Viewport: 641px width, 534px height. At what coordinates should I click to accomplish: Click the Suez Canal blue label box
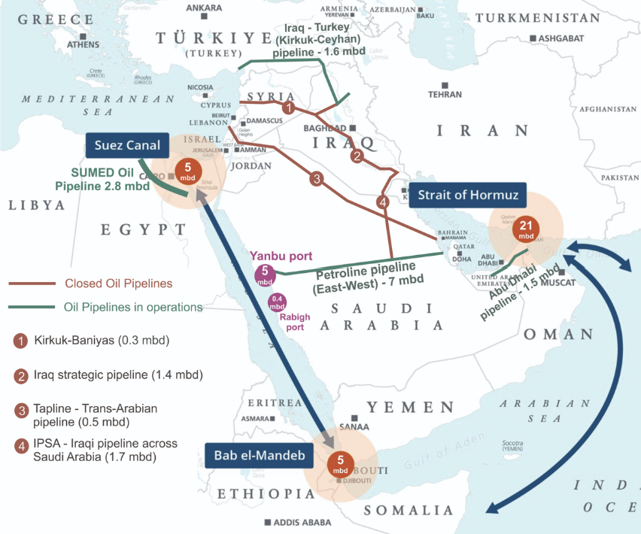point(128,145)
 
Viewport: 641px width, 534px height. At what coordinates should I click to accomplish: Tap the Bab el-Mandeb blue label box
point(248,456)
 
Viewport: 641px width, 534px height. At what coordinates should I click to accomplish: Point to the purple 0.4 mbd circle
point(277,302)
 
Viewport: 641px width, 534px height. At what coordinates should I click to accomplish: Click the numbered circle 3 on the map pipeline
point(317,179)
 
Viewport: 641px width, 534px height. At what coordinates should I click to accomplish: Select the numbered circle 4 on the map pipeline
point(384,202)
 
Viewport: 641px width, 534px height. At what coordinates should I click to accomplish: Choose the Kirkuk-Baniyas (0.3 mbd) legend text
point(102,341)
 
